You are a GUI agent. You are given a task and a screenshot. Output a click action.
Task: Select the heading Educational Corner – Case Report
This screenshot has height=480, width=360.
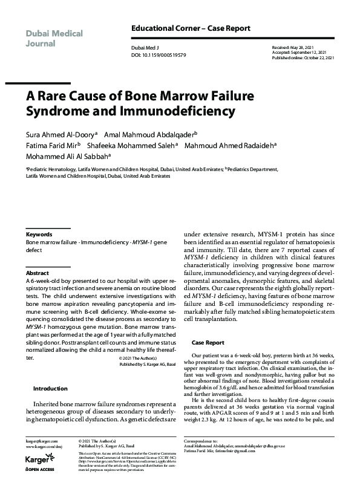191,28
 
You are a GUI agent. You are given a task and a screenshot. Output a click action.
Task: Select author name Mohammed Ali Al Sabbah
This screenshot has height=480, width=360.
67,156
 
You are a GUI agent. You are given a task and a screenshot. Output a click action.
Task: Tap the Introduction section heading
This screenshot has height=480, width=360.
50,389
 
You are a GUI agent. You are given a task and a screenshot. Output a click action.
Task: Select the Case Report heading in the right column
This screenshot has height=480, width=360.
208,343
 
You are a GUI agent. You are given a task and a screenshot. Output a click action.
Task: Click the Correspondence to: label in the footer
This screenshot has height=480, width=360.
218,442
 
